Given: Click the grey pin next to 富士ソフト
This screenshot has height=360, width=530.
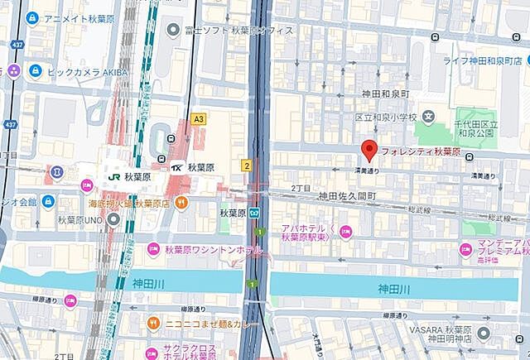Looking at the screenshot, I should (x=172, y=30).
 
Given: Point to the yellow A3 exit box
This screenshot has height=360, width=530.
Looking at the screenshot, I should (x=198, y=119).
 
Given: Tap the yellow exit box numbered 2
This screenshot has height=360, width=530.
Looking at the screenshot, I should (x=247, y=166).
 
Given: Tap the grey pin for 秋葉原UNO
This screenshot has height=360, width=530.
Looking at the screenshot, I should (x=113, y=218).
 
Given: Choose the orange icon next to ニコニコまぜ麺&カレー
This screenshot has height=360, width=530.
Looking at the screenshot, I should (x=152, y=323).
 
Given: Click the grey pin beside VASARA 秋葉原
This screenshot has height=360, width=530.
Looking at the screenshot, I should (x=487, y=336).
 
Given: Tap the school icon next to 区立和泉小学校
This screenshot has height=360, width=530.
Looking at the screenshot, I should (x=429, y=118).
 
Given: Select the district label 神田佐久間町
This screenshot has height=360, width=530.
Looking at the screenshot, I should (x=348, y=196).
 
